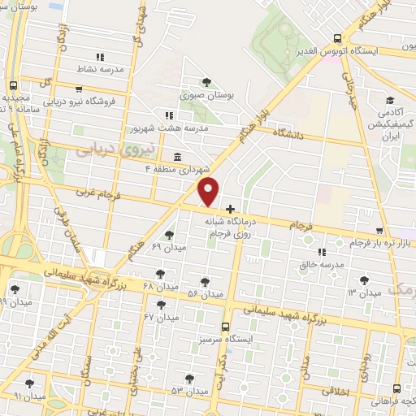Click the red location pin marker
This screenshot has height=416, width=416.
209,192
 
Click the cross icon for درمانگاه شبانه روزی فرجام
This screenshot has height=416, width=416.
231,210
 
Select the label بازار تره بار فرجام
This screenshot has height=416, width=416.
379,243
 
